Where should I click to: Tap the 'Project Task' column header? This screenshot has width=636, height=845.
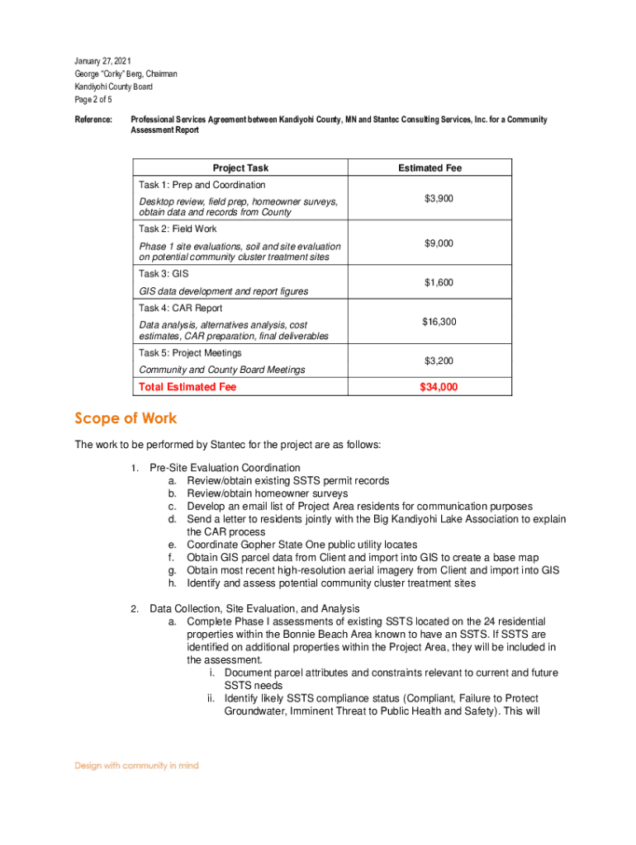(240, 168)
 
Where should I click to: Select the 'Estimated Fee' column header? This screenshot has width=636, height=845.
(430, 168)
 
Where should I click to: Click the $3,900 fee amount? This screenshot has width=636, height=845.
(439, 199)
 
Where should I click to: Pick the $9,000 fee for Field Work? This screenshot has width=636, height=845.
(439, 243)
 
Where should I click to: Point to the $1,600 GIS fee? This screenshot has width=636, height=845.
(439, 283)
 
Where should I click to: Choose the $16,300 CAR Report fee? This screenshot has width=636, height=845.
(439, 322)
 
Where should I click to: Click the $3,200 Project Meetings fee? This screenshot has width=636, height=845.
(439, 361)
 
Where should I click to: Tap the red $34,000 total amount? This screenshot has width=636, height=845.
(439, 387)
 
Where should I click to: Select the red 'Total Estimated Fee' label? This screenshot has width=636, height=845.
(187, 387)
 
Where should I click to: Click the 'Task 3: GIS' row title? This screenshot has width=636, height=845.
(164, 273)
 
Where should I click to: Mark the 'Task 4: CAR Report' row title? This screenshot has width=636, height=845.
(180, 309)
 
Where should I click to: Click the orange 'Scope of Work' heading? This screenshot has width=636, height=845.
(126, 418)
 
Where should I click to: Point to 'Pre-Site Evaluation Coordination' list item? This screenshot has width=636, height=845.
(225, 468)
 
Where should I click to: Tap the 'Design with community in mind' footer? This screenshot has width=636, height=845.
(137, 766)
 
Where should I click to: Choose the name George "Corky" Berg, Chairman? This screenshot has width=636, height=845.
(126, 74)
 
